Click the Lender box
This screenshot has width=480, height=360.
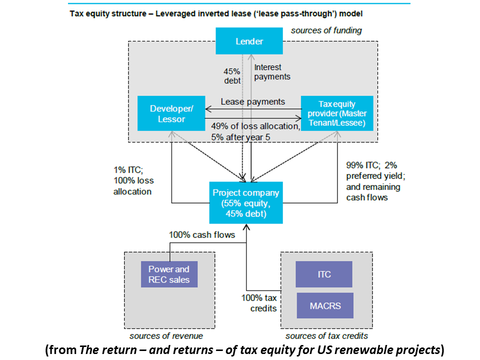(x=249, y=41)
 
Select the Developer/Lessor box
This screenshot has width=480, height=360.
(x=171, y=113)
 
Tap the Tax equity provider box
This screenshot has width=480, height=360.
(x=337, y=113)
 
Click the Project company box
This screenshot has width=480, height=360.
(x=246, y=202)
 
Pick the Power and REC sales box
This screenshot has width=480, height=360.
(x=169, y=274)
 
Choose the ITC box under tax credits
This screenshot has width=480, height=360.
(x=324, y=274)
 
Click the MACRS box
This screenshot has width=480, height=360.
(x=324, y=305)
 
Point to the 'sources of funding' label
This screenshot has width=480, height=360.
(x=326, y=30)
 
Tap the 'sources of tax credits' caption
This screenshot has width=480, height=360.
(x=326, y=336)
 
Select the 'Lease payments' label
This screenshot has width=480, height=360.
(x=252, y=101)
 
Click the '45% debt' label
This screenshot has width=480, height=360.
(x=232, y=75)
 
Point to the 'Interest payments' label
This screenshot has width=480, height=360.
(x=272, y=72)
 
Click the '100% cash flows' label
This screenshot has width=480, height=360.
(x=202, y=234)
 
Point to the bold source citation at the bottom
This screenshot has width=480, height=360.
(x=244, y=350)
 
